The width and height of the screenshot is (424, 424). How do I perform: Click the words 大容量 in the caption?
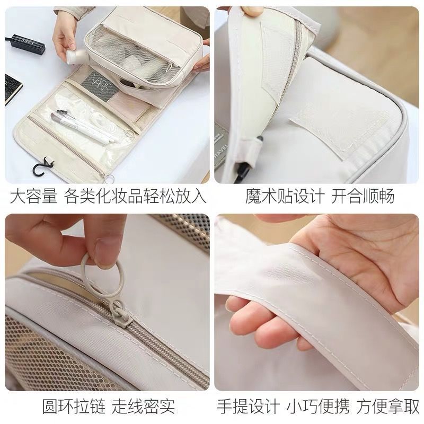33,197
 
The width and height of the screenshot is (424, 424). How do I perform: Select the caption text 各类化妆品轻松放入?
135,197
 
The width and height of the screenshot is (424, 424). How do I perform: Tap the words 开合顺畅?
363,197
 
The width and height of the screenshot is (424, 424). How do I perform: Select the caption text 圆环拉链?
72,407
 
